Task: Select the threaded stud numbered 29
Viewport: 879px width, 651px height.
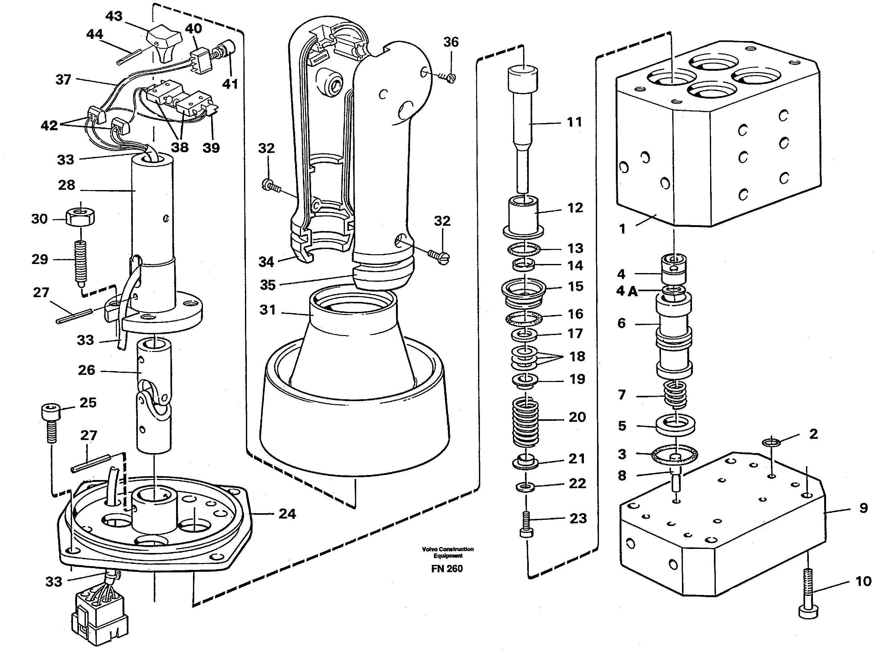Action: click(81, 262)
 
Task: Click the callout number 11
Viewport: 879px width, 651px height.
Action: click(574, 122)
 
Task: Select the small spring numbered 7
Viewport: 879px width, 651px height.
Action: click(676, 394)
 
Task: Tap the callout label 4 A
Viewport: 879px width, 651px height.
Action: click(626, 291)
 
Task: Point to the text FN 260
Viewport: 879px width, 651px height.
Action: click(447, 569)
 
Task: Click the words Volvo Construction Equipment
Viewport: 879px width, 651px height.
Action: click(447, 552)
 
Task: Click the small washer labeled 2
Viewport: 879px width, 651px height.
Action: click(771, 442)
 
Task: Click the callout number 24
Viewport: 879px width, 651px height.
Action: click(287, 514)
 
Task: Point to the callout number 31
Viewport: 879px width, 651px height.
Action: click(267, 310)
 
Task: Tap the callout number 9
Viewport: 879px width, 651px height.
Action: click(863, 508)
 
